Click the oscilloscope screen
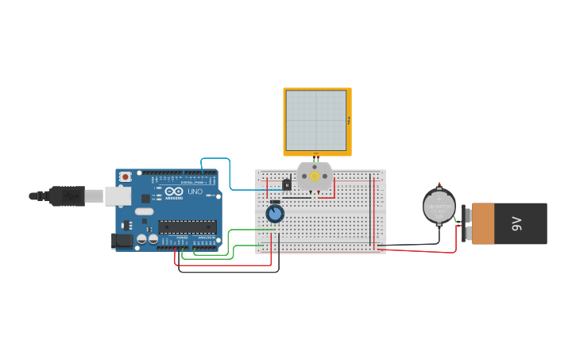[x=316, y=121]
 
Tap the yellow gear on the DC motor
[x=315, y=176]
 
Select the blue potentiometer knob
[x=275, y=213]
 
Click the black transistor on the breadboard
[x=287, y=185]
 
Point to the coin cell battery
[x=439, y=207]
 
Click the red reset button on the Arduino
[x=125, y=176]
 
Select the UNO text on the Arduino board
[x=194, y=192]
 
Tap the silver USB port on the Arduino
[x=118, y=195]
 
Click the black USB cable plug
[x=67, y=195]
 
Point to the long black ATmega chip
[x=187, y=226]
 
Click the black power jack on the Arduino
[x=122, y=240]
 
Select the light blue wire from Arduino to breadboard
[x=230, y=171]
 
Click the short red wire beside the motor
[x=334, y=188]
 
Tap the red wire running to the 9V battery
[x=421, y=251]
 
